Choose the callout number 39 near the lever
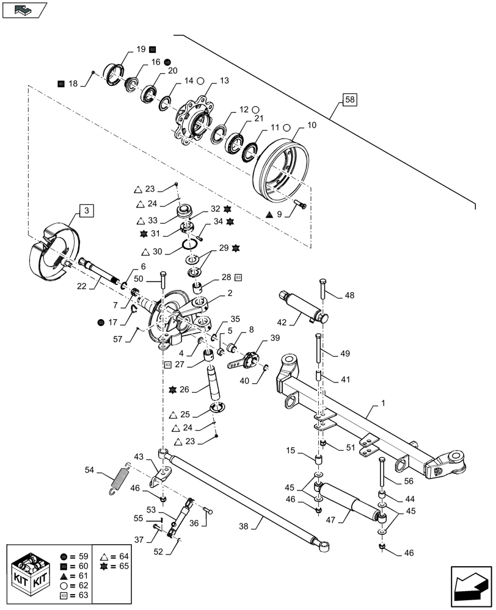[275, 339]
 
